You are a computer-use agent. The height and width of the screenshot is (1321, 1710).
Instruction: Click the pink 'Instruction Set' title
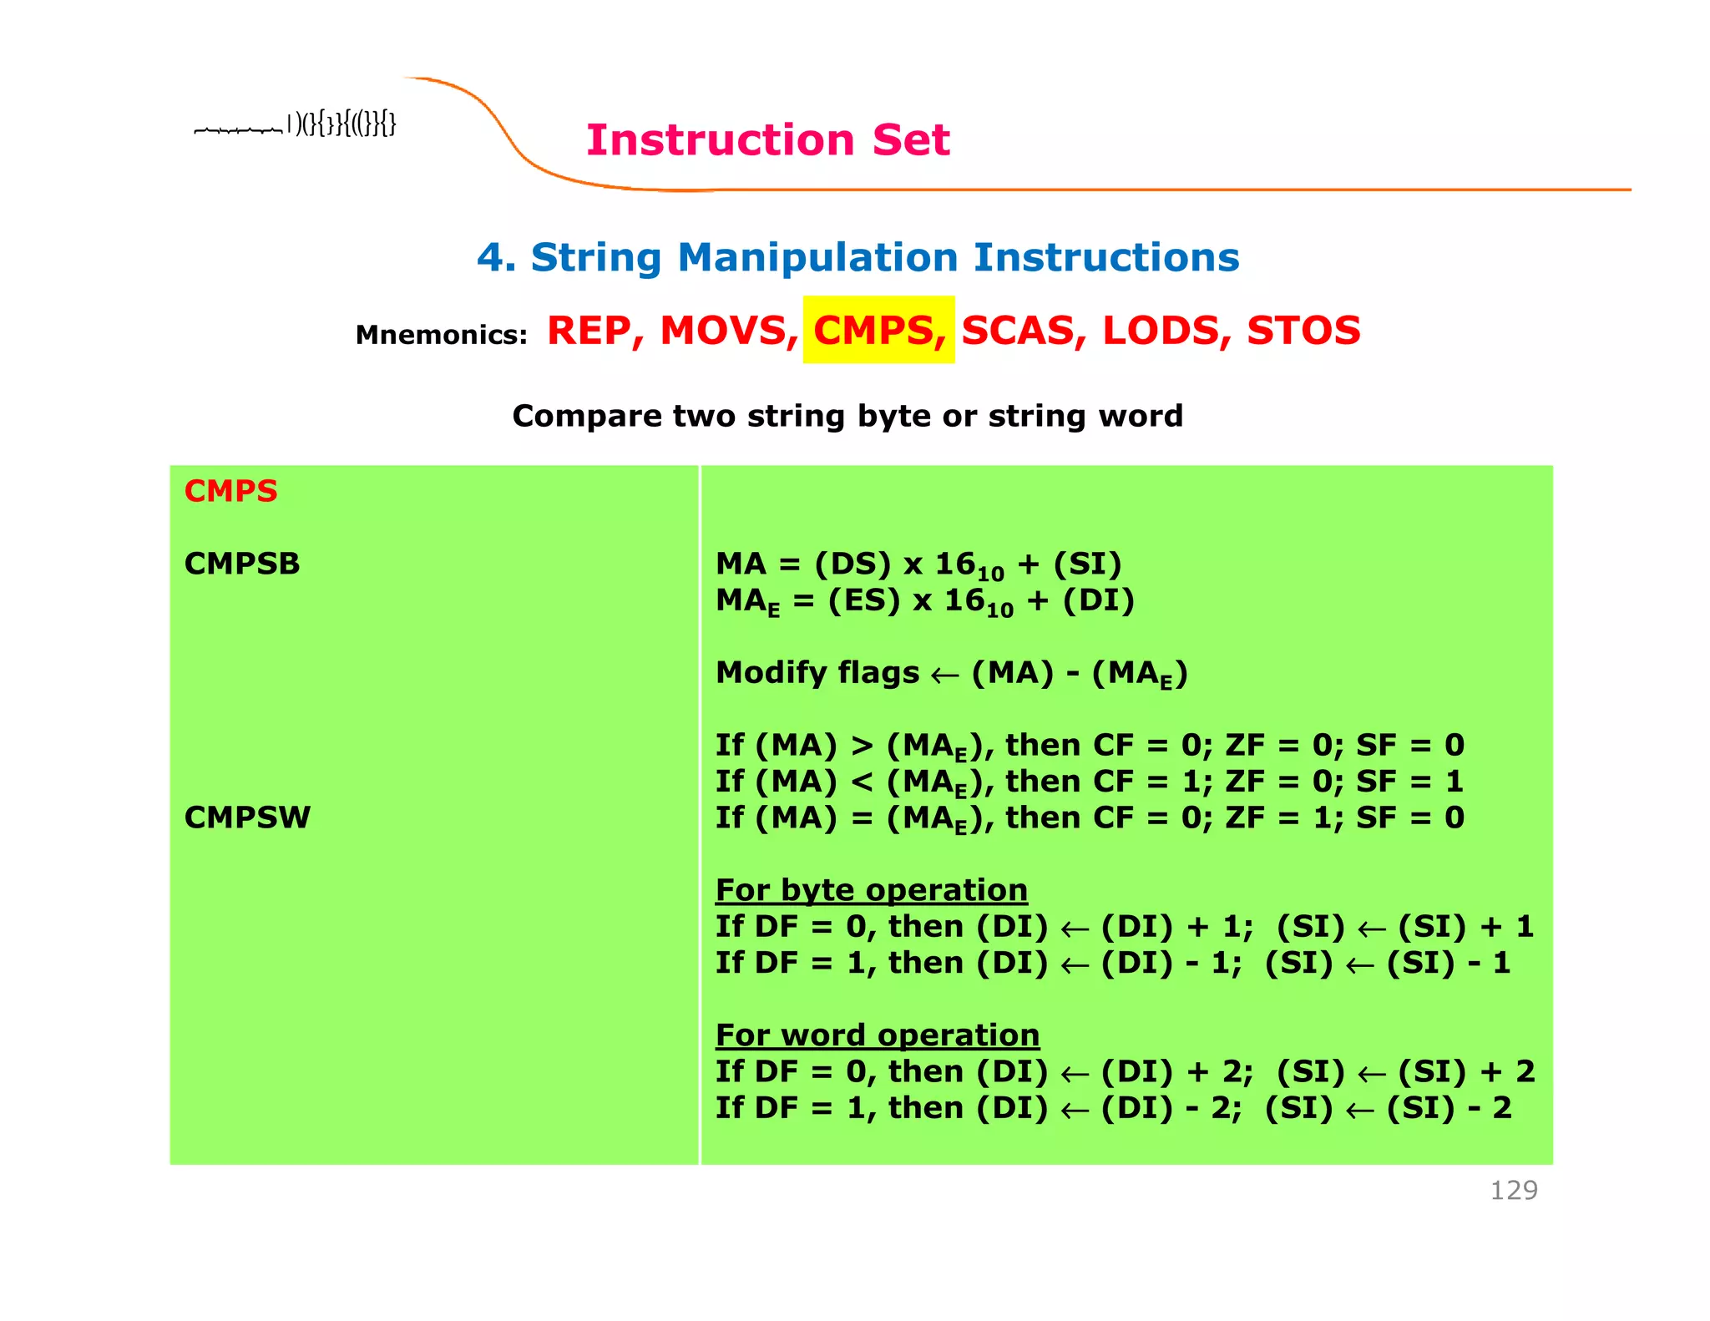[x=767, y=139]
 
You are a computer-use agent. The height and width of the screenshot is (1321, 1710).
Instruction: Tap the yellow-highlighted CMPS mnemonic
[x=879, y=330]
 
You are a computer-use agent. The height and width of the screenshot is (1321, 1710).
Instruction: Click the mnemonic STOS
[x=1303, y=331]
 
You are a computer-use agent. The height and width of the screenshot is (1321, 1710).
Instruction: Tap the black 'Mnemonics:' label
[x=441, y=335]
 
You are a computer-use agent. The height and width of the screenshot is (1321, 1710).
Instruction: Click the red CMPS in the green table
[x=230, y=491]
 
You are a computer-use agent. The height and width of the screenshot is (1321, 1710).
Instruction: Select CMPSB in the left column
[x=242, y=564]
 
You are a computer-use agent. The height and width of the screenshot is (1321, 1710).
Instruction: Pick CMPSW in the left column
[x=247, y=817]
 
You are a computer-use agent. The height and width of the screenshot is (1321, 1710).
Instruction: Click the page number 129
[x=1513, y=1190]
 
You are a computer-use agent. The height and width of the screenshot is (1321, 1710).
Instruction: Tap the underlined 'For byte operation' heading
[x=871, y=890]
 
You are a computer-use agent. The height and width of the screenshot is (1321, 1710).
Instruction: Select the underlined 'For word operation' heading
[x=877, y=1035]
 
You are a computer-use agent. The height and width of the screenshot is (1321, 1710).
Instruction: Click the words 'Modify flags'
[x=817, y=672]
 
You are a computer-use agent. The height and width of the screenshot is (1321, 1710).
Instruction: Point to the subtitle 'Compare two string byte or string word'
[x=847, y=416]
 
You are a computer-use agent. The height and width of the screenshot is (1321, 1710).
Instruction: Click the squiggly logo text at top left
[x=295, y=125]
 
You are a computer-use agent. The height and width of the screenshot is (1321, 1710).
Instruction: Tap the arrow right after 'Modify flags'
[x=944, y=675]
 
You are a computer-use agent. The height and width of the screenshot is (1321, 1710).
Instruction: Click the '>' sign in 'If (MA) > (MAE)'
[x=862, y=746]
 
